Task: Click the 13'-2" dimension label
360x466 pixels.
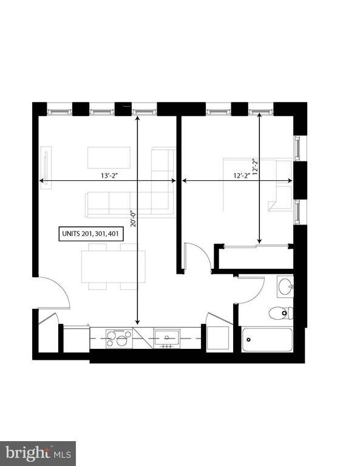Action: click(x=110, y=176)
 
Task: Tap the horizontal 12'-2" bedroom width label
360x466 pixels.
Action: click(x=243, y=176)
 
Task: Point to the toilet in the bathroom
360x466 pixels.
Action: click(x=280, y=313)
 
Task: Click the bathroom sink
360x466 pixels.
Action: click(x=285, y=286)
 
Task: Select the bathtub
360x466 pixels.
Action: click(x=268, y=340)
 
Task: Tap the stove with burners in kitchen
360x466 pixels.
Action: click(x=119, y=339)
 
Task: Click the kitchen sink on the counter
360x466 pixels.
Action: click(x=166, y=338)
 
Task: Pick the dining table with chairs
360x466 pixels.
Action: click(x=114, y=266)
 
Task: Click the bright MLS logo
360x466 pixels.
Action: click(x=38, y=453)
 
